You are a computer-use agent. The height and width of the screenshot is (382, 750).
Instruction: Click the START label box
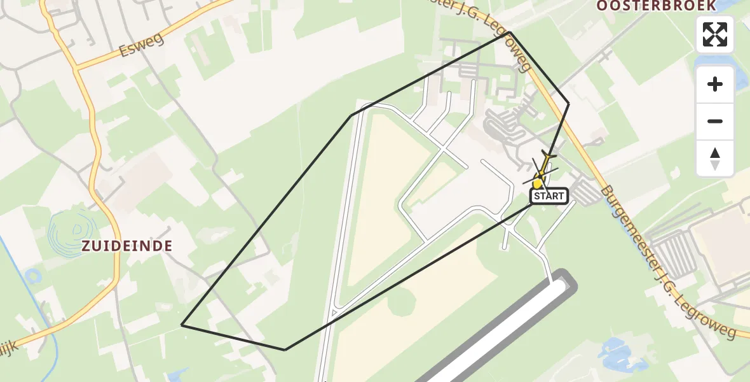point(549,196)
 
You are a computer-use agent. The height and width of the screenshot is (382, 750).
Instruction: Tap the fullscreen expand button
point(715,34)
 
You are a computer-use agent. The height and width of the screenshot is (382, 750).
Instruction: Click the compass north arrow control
point(715,159)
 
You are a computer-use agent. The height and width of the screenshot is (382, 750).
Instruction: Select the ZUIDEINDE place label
point(126,246)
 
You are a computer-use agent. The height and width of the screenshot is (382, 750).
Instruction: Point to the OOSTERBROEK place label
point(656,6)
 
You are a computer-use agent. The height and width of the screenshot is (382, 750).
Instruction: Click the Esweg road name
point(141,45)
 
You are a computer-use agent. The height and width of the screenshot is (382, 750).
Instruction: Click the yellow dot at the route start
point(538,183)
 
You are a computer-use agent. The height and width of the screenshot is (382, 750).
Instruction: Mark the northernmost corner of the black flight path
point(510,32)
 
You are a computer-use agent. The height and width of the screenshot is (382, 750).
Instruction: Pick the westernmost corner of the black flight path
point(182,325)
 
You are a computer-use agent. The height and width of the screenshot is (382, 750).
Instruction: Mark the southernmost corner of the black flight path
point(285,350)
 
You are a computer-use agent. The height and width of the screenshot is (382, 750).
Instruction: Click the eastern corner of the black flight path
point(569,104)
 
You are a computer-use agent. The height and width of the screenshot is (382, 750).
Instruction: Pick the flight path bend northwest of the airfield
point(351,115)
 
